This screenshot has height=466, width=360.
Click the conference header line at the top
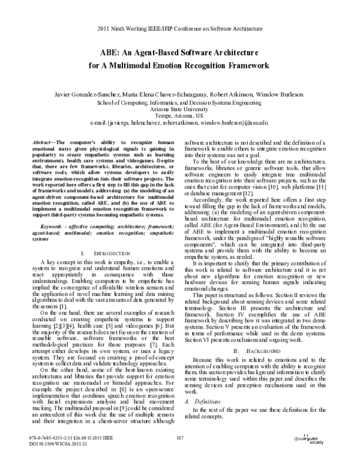[x=180, y=28]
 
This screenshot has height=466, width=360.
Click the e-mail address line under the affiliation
[x=180, y=123]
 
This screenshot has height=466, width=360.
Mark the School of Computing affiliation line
[x=180, y=101]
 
